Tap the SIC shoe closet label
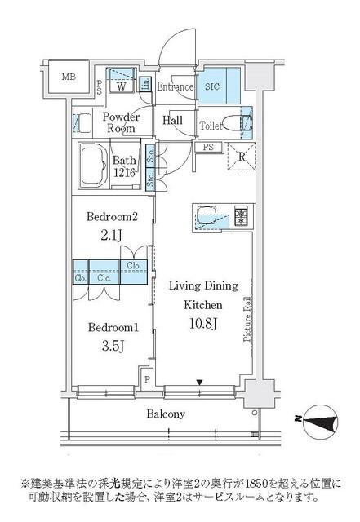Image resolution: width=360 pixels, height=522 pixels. coord(211,86)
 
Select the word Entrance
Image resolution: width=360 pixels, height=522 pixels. coord(175,87)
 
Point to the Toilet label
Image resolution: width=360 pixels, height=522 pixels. coord(212,126)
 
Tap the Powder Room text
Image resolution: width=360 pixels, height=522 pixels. coord(121,123)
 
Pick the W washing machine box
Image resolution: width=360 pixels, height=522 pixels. coord(121,86)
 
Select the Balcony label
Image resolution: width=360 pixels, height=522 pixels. coord(166,414)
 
